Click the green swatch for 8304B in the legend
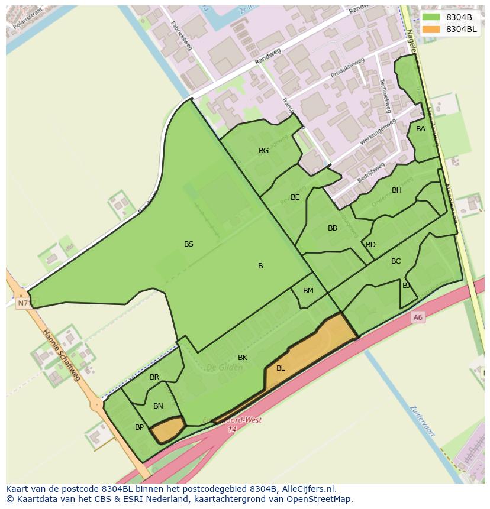click(431, 17)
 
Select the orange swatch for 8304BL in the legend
click(431, 29)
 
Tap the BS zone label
click(189, 244)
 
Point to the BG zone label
click(264, 151)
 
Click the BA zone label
click(421, 129)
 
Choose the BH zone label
click(396, 190)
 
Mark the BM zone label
click(308, 291)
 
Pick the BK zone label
click(243, 358)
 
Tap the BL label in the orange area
click(281, 368)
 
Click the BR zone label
click(154, 377)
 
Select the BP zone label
click(140, 427)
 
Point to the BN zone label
click(158, 406)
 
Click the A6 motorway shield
click(418, 317)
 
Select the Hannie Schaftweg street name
click(61, 355)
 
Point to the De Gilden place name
click(224, 368)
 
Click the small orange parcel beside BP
click(167, 429)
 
